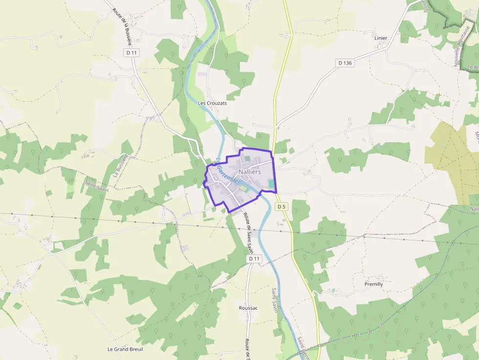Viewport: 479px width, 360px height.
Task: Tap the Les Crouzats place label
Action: pos(212,104)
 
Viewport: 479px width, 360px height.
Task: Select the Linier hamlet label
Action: pos(381,38)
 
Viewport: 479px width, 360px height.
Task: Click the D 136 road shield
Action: pos(345,63)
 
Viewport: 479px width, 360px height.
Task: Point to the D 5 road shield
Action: pos(281,207)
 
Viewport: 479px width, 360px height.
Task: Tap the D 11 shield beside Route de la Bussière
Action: pos(131,52)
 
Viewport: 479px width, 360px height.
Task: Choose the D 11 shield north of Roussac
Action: pos(253,258)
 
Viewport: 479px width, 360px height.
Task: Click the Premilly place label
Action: pos(374,284)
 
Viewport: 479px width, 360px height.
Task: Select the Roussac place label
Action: pos(248,308)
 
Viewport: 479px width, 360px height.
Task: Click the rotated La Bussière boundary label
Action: pos(120,165)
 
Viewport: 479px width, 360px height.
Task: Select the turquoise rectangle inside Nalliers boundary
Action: pos(271,184)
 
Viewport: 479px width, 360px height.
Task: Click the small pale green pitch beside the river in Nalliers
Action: pos(243,189)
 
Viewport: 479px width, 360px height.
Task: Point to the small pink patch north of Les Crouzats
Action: pos(202,74)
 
